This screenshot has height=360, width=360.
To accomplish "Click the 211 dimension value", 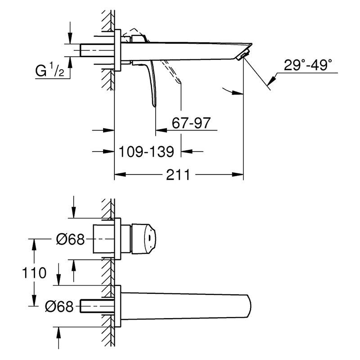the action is pyautogui.click(x=178, y=175).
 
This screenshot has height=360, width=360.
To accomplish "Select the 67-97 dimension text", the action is pyautogui.click(x=191, y=123).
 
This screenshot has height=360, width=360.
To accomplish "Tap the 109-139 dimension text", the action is pyautogui.click(x=147, y=152).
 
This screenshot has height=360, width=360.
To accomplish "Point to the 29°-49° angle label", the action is pyautogui.click(x=308, y=65).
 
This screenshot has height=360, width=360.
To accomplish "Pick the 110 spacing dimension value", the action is pyautogui.click(x=34, y=273).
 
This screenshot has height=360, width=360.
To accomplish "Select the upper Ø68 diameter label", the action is pyautogui.click(x=71, y=239).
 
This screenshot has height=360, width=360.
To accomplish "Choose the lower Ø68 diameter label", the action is pyautogui.click(x=59, y=306).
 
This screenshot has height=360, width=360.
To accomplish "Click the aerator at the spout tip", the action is pyautogui.click(x=242, y=55).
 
